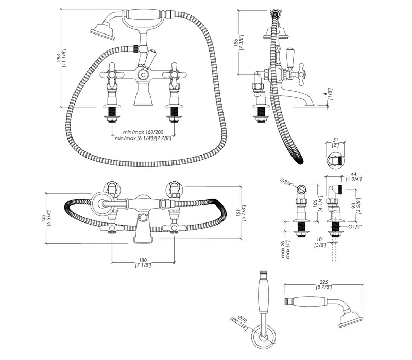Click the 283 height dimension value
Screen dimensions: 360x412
[x=58, y=60]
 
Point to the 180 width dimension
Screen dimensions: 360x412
[x=144, y=260]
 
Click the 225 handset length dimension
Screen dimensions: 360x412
[x=323, y=282]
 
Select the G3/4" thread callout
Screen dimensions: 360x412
[x=286, y=181]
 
